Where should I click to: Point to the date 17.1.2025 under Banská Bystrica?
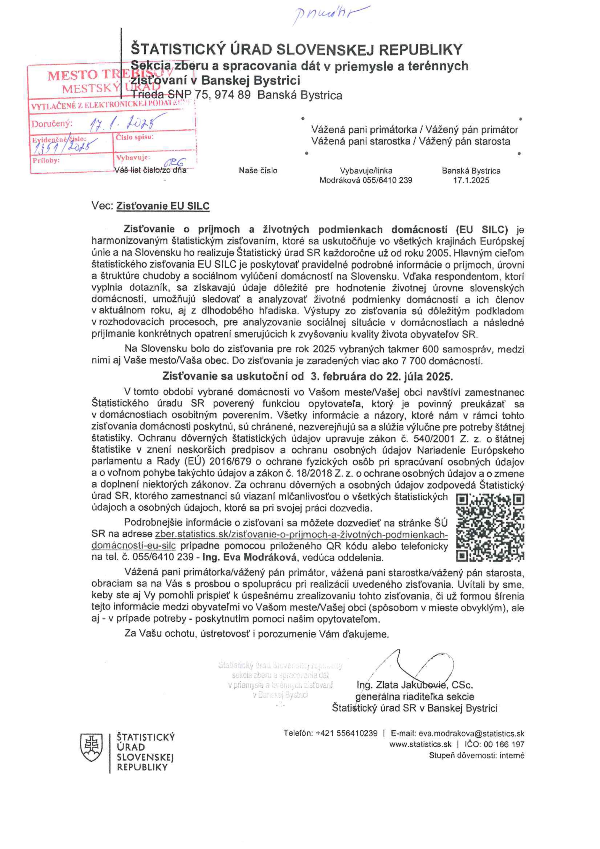[x=471, y=181]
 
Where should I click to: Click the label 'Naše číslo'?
[x=258, y=171]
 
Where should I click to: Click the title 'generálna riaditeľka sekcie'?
[x=414, y=697]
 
